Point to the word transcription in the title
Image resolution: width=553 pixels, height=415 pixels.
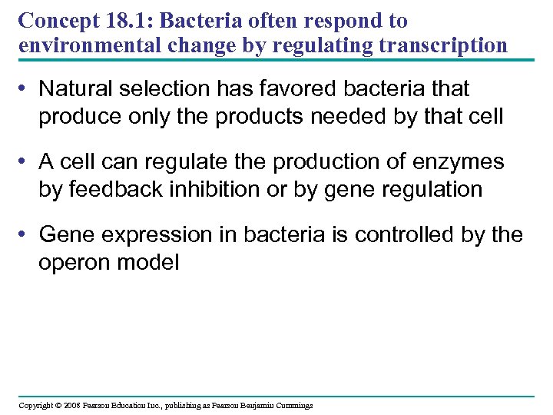point(439,45)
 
